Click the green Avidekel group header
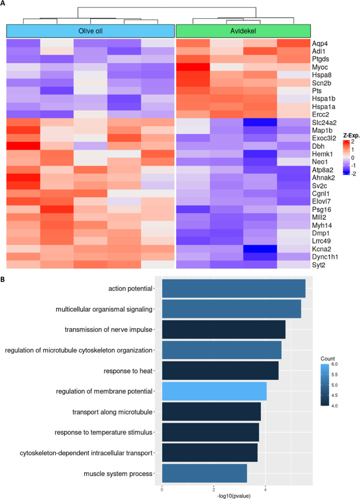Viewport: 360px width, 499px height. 242,31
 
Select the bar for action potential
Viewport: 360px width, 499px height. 233,288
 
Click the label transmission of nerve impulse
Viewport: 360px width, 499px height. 108,330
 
